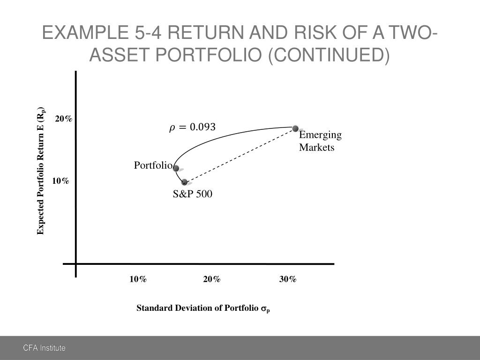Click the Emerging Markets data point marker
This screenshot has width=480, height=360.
point(295,128)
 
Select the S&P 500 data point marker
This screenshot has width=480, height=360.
point(184,182)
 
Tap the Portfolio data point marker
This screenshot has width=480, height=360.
point(176,168)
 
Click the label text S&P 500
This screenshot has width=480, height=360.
point(192,194)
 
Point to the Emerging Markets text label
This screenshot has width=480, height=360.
point(320,141)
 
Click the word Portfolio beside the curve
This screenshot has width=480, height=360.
point(153,165)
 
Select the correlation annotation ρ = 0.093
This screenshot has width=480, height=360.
point(192,127)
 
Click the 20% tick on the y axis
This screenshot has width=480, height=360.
point(64,119)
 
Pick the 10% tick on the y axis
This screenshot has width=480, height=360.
point(60,181)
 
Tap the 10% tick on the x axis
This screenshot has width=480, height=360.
point(138,279)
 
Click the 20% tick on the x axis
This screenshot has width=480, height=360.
point(212,279)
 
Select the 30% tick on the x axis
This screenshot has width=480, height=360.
point(288,279)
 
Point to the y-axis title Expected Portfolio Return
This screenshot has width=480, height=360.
point(41,171)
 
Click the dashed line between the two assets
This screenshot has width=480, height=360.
point(239,156)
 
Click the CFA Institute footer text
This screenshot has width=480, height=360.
point(45,348)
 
